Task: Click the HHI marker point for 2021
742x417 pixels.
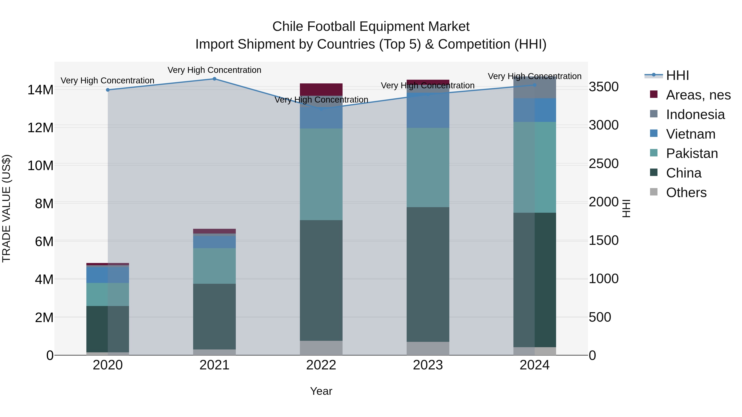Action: coord(214,79)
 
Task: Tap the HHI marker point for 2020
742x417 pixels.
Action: coord(108,90)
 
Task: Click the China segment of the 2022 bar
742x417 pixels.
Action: coord(321,281)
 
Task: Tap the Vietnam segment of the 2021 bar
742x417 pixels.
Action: coord(214,242)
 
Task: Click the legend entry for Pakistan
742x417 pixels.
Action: coord(691,153)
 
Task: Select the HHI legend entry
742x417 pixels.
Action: coord(677,75)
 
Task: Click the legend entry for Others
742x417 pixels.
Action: coord(686,193)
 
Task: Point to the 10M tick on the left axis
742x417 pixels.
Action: coord(40,166)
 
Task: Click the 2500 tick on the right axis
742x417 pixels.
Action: coord(603,164)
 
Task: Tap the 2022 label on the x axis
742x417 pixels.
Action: coord(321,365)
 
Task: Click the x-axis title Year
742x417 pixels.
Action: coord(321,391)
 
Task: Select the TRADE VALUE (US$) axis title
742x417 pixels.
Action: coord(6,208)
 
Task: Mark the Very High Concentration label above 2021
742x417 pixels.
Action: coord(214,70)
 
